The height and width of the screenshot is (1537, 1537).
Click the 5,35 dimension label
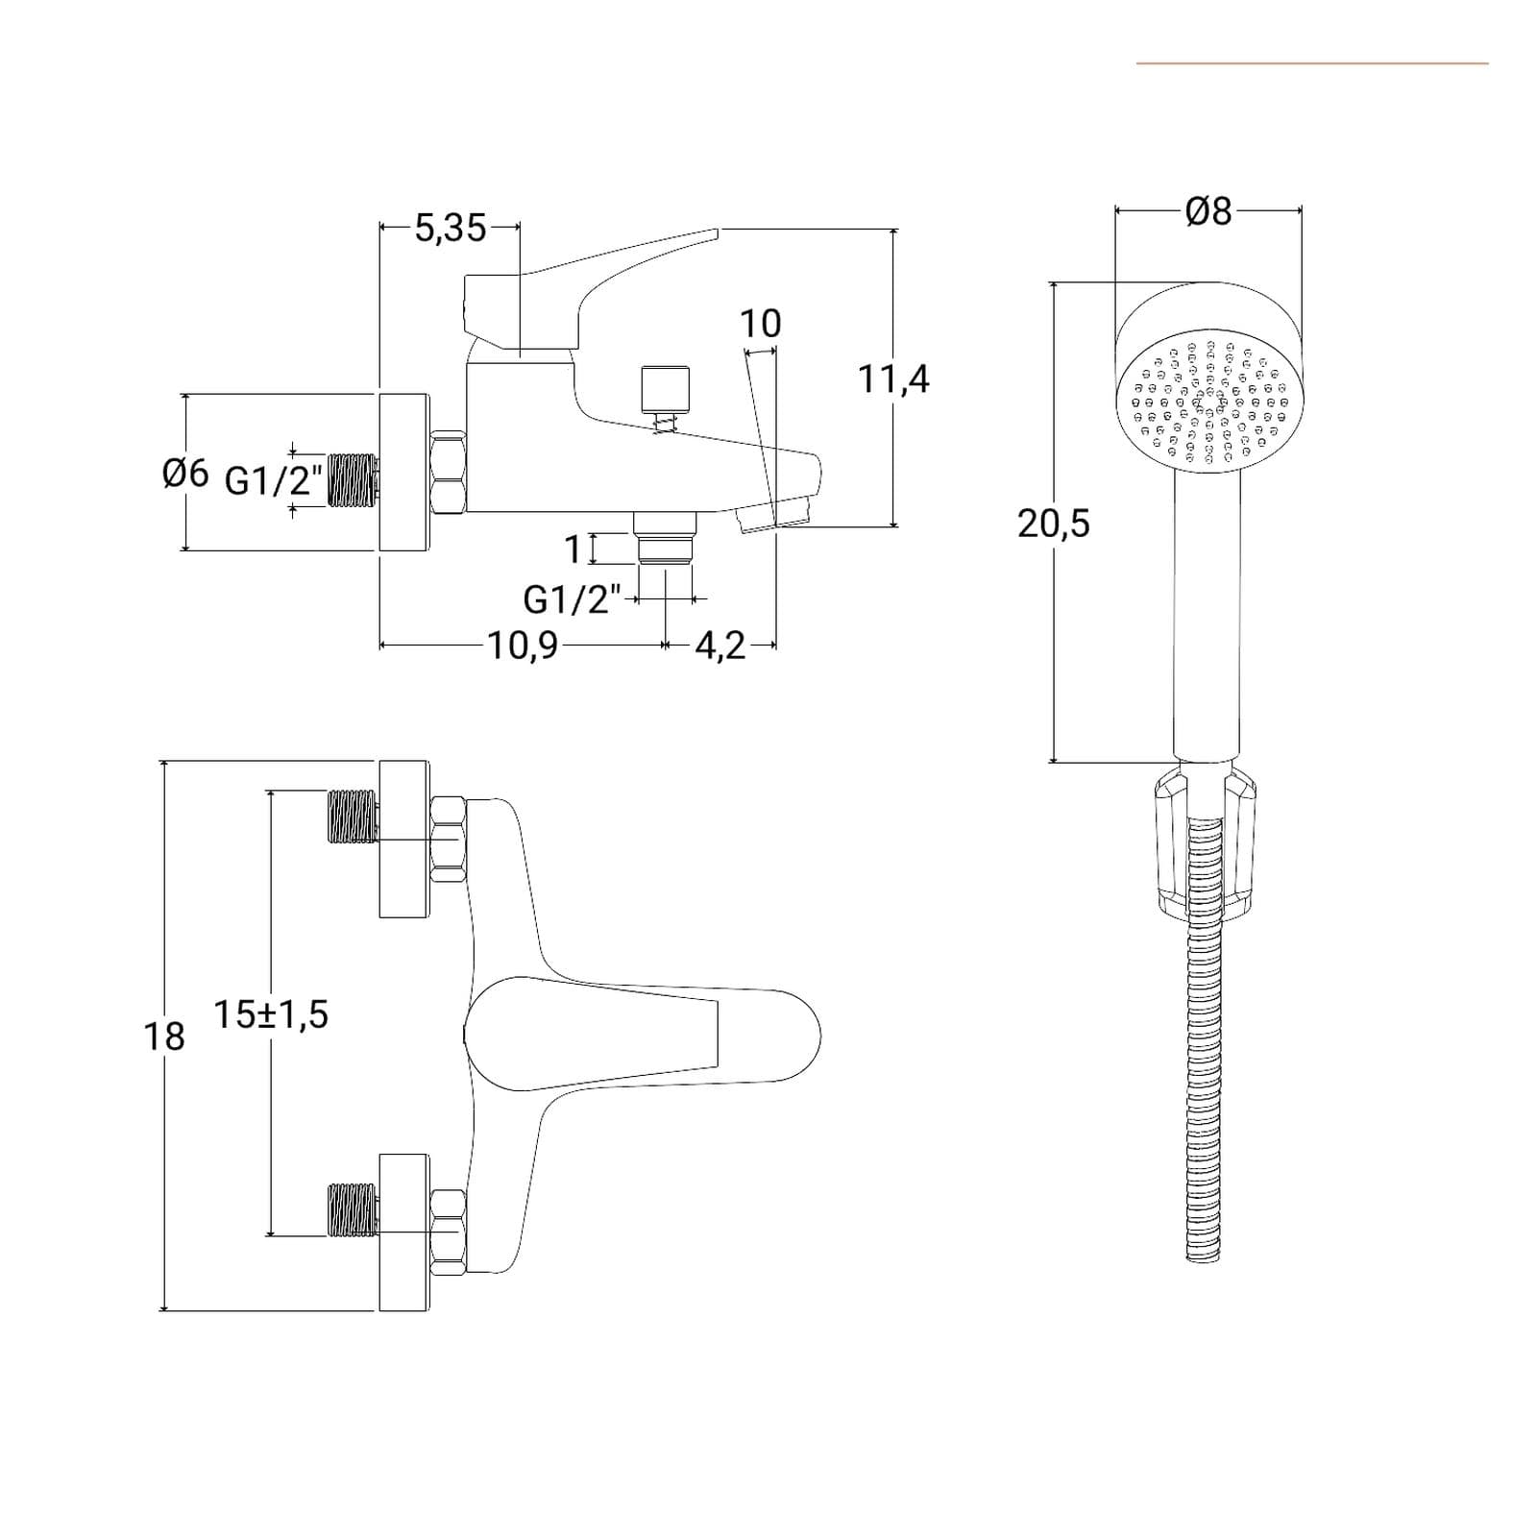point(451,228)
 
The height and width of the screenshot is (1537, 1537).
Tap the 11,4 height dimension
point(893,378)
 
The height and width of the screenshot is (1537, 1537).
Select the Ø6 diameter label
point(185,473)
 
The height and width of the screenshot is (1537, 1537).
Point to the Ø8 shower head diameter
point(1208,210)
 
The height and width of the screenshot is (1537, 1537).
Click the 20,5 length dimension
point(1054,524)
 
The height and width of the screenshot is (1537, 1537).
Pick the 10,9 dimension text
point(523,646)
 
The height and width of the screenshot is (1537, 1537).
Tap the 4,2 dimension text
point(720,646)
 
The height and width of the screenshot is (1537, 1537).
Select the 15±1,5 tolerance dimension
point(271,1014)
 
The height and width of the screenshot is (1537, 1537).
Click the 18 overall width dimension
point(164,1037)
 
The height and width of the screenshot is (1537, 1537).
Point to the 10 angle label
point(760,324)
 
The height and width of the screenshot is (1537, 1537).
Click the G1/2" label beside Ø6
point(274,479)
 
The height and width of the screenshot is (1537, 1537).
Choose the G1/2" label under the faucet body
point(573,599)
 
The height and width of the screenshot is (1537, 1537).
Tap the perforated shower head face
point(1208,402)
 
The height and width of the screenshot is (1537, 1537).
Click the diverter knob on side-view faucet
point(665,387)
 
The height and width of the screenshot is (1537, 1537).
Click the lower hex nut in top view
point(449,1232)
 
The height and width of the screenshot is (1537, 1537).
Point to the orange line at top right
point(1312,63)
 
